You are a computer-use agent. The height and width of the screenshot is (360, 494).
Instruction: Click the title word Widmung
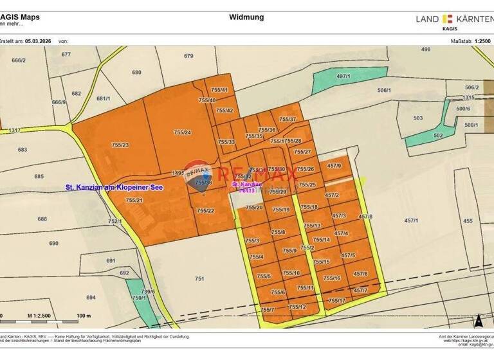(x=246, y=17)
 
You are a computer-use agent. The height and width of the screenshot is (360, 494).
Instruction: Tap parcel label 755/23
(x=120, y=145)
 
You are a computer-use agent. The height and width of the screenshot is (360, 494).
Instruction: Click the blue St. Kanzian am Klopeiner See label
(x=114, y=187)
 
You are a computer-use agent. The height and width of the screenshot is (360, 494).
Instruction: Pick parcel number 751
(x=199, y=278)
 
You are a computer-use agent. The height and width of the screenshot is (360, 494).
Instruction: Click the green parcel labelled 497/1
(x=343, y=76)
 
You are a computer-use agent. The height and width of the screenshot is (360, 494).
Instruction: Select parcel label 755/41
(x=220, y=90)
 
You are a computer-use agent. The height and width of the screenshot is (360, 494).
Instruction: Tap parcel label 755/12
(x=297, y=307)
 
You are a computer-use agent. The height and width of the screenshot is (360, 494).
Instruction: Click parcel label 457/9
(x=334, y=166)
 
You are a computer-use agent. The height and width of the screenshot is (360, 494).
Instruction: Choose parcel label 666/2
(x=19, y=60)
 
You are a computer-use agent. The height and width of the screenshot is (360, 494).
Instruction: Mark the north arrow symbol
(x=478, y=319)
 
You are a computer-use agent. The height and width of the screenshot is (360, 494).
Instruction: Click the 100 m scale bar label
(x=84, y=316)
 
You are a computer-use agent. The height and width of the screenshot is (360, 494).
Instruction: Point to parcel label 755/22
(x=205, y=210)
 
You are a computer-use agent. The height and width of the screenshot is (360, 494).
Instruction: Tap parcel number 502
(x=438, y=136)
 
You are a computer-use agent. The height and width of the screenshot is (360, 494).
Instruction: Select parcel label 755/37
(x=288, y=120)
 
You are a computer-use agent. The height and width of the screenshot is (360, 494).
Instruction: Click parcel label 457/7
(x=360, y=291)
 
